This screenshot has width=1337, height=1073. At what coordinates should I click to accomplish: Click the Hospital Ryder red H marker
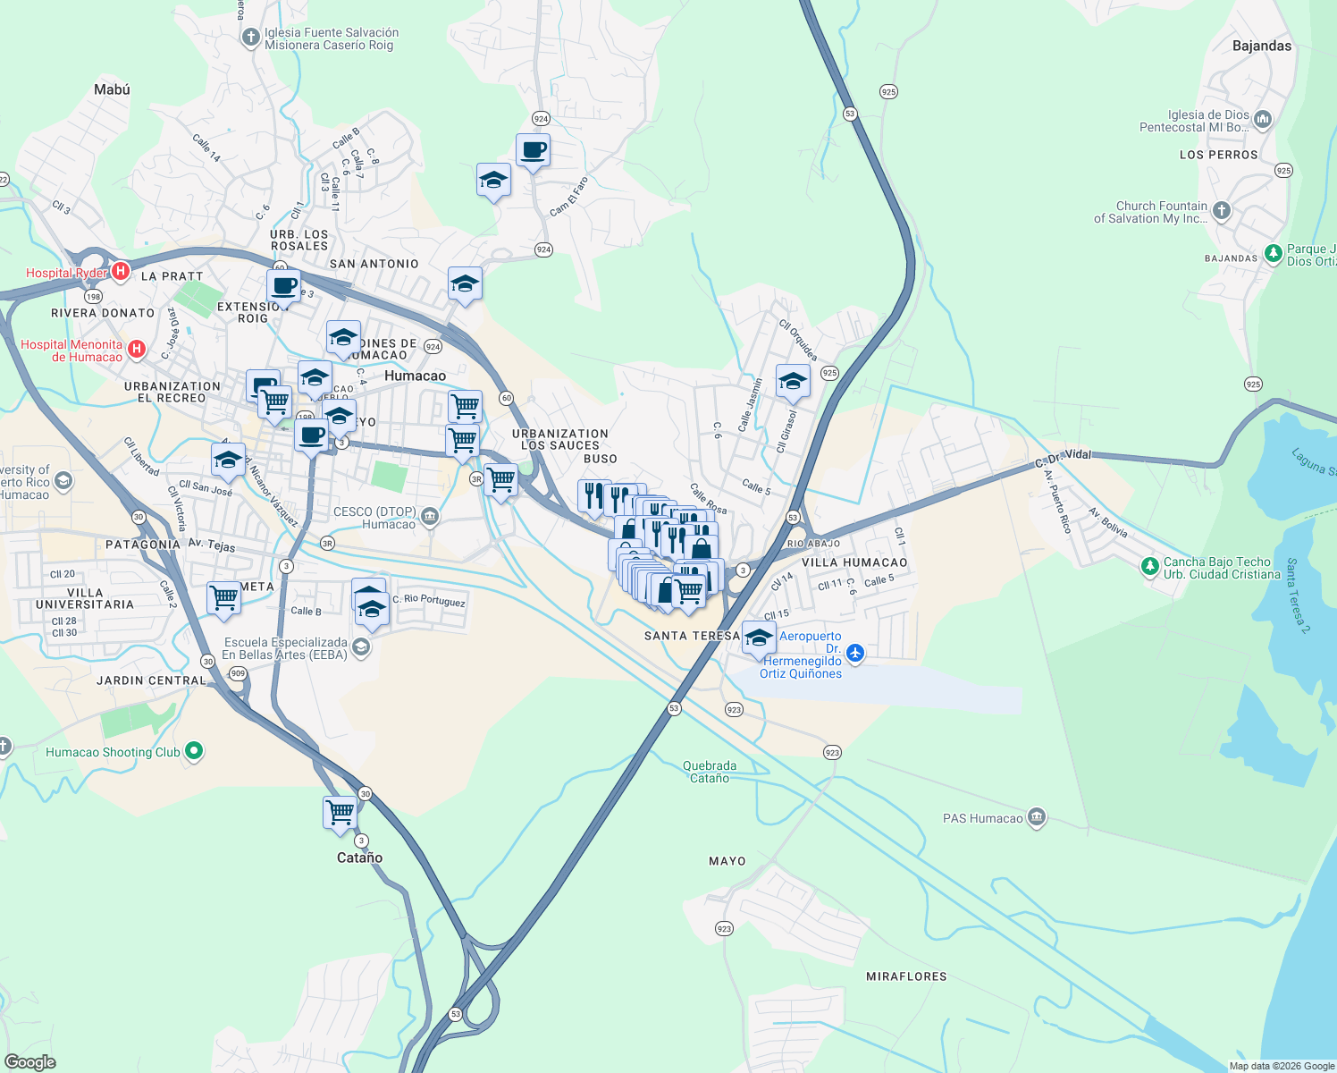[121, 271]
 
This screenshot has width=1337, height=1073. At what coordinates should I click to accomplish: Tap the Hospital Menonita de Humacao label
[71, 351]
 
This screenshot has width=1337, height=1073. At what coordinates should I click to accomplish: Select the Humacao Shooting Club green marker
[194, 751]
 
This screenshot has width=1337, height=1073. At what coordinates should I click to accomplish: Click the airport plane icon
[855, 653]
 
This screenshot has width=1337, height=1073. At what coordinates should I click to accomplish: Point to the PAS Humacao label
[982, 818]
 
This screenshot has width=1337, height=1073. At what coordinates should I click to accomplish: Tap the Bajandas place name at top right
[1261, 46]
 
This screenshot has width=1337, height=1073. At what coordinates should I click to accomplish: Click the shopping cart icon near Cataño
[340, 813]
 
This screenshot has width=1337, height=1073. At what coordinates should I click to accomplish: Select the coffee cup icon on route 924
[533, 149]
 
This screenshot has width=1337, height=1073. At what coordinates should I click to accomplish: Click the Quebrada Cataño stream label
[710, 772]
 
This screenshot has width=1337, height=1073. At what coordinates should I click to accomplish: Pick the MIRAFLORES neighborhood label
[906, 976]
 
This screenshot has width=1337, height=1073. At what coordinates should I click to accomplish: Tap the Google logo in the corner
[30, 1062]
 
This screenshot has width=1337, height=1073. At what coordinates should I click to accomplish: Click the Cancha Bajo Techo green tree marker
[1149, 566]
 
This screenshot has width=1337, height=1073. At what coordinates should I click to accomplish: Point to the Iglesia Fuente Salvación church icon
[250, 37]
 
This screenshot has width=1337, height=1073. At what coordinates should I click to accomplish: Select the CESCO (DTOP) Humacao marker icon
[430, 516]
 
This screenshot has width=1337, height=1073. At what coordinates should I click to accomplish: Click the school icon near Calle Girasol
[793, 381]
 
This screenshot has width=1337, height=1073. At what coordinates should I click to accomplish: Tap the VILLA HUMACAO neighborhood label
[854, 562]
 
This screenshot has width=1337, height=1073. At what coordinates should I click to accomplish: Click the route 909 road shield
[237, 673]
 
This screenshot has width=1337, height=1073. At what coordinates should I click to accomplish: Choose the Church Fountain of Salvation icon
[1222, 211]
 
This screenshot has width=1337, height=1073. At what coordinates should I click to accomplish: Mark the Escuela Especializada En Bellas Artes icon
[361, 647]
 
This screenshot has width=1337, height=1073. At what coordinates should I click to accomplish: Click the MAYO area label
[727, 861]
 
